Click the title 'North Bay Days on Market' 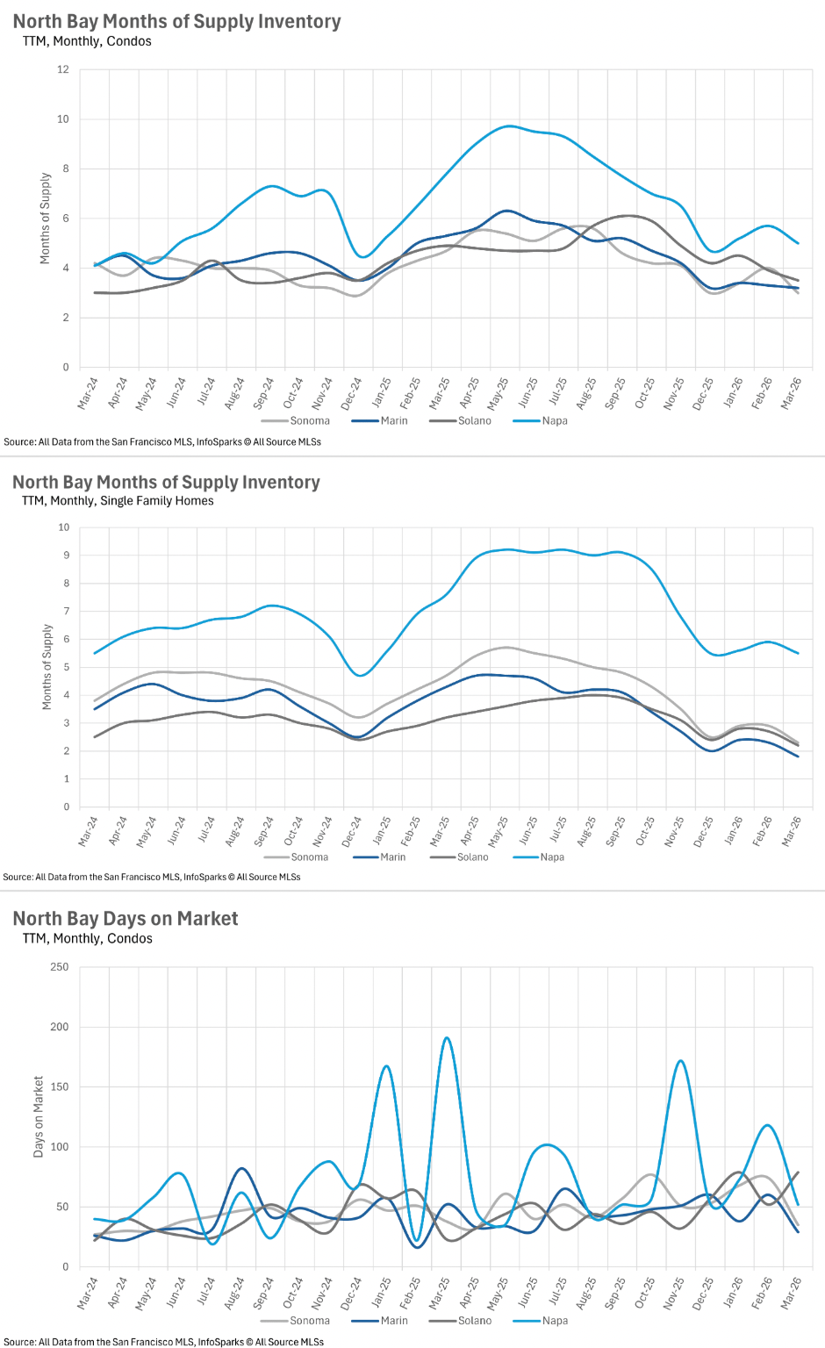pos(126,919)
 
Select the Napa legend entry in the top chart pos(554,421)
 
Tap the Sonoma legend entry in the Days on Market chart pos(309,1321)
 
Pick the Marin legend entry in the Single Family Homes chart pos(392,857)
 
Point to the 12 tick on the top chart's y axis pos(63,69)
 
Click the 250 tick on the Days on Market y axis pos(59,967)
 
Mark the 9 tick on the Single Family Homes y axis pos(64,556)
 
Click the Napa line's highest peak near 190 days pos(447,1038)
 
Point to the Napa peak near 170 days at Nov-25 pos(680,1061)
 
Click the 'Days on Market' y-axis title pos(39,1116)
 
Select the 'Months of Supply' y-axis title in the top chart pos(46,219)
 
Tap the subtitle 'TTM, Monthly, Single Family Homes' pos(118,501)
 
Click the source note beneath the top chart pos(162,442)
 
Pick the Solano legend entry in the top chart pos(474,421)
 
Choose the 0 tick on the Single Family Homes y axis pos(66,807)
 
